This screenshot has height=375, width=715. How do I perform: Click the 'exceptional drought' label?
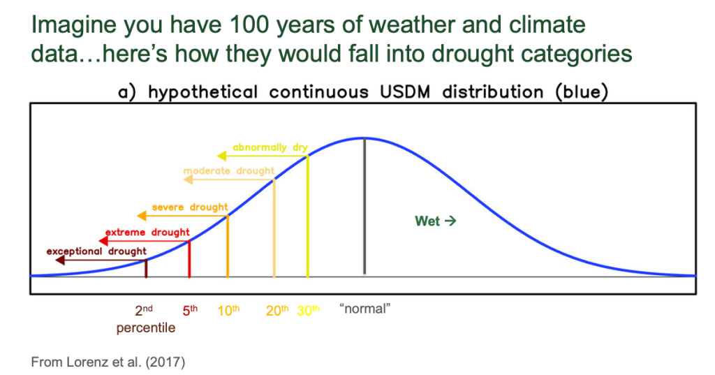click(96, 251)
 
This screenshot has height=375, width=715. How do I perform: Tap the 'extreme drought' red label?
click(147, 233)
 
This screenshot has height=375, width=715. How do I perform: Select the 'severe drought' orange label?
click(190, 207)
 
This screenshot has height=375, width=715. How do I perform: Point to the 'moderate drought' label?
click(229, 171)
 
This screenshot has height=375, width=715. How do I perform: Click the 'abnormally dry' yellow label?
click(270, 147)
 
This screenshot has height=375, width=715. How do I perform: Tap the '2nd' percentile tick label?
click(144, 310)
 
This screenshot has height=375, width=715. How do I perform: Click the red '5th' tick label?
click(190, 310)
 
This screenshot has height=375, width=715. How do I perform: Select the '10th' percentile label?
click(228, 310)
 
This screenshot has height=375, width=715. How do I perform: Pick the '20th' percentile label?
click(277, 310)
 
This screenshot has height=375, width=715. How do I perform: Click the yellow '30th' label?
click(308, 310)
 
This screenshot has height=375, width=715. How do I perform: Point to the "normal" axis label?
click(364, 309)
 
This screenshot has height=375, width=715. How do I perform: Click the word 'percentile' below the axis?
click(146, 328)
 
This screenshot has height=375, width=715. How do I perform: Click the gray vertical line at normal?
click(364, 206)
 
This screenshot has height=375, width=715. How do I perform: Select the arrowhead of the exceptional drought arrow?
click(60, 260)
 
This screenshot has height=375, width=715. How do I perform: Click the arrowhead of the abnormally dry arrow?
click(221, 156)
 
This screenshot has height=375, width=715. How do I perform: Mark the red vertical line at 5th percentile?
click(189, 258)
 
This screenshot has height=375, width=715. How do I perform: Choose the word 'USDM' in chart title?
click(405, 91)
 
